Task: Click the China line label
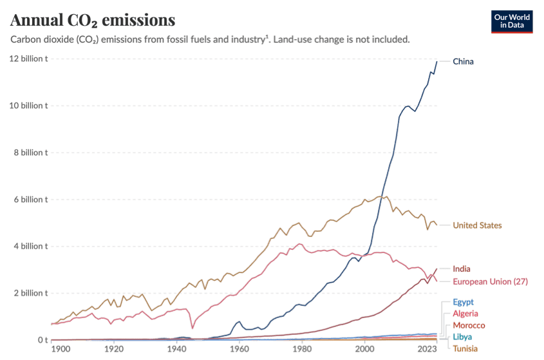point(463,62)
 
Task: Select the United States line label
point(477,225)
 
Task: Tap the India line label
point(461,268)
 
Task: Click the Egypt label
point(463,301)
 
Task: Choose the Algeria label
point(465,314)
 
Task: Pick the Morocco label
point(469,325)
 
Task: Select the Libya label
point(462,336)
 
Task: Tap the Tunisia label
point(465,348)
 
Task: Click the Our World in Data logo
point(512,21)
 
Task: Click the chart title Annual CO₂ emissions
point(93,21)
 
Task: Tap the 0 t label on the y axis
point(42,339)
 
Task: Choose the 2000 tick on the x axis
point(364,348)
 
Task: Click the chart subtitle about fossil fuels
point(210,40)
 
